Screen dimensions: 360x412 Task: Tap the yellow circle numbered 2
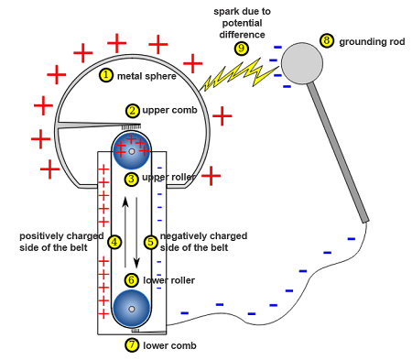click(x=132, y=110)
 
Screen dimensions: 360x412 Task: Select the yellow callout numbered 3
click(x=132, y=178)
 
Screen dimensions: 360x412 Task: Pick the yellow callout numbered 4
click(x=114, y=242)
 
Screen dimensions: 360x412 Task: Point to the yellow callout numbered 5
click(x=151, y=242)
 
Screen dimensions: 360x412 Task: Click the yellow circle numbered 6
click(x=132, y=279)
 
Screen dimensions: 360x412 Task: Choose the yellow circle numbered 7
click(x=132, y=345)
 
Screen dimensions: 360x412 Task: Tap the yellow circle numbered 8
click(x=327, y=41)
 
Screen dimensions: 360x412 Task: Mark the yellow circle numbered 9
click(x=242, y=48)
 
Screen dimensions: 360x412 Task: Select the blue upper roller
click(x=132, y=150)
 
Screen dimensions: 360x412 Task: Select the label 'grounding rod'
click(x=370, y=42)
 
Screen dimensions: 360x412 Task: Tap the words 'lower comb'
click(x=169, y=346)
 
